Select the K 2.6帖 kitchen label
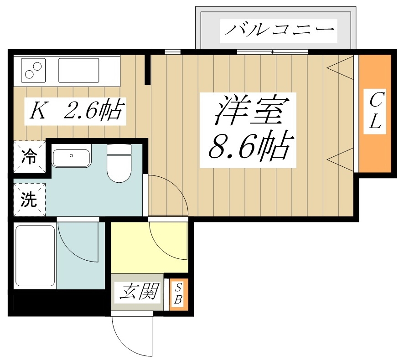pyautogui.click(x=75, y=111)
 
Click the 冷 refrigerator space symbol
pyautogui.click(x=30, y=157)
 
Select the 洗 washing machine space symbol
pyautogui.click(x=30, y=199)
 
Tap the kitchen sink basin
pyautogui.click(x=78, y=70)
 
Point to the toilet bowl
pyautogui.click(x=119, y=166)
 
